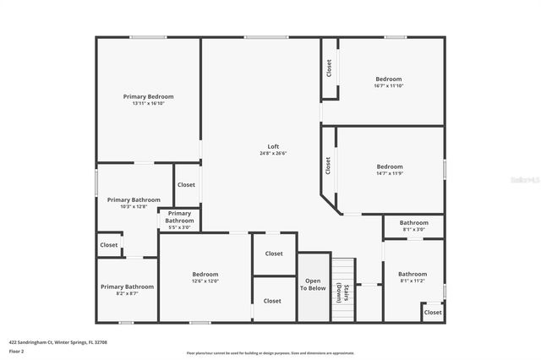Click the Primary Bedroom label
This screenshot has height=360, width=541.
pyautogui.click(x=148, y=97)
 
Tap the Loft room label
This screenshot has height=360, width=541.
pyautogui.click(x=273, y=146)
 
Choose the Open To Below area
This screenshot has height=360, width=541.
pyautogui.click(x=313, y=285)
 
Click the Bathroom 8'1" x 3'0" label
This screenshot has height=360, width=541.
pyautogui.click(x=413, y=225)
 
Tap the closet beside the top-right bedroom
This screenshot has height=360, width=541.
pyautogui.click(x=329, y=68)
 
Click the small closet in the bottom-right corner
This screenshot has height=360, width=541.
pyautogui.click(x=433, y=312)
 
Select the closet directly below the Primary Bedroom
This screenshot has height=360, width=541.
pyautogui.click(x=186, y=184)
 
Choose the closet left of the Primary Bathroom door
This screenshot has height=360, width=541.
pyautogui.click(x=109, y=245)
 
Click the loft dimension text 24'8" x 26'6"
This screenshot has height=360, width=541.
pyautogui.click(x=273, y=153)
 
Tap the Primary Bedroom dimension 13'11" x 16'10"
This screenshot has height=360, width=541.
pyautogui.click(x=148, y=104)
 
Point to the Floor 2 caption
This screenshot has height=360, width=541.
pyautogui.click(x=17, y=351)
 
